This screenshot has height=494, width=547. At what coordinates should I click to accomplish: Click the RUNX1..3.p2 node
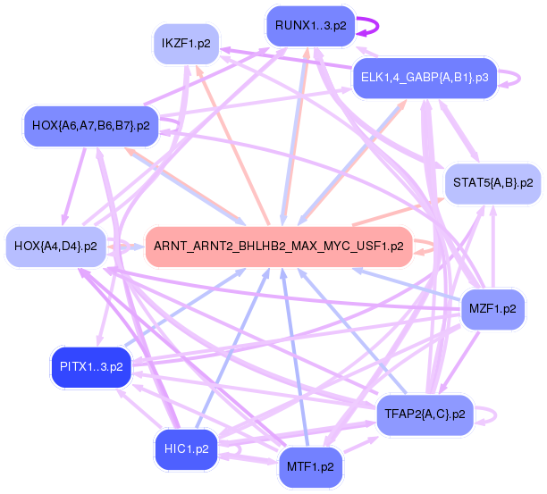tap(311, 26)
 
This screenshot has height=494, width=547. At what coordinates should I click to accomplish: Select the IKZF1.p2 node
tap(185, 43)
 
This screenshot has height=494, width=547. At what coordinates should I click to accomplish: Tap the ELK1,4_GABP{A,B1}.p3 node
tap(425, 78)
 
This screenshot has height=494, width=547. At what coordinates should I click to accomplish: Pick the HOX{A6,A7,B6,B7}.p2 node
tap(90, 125)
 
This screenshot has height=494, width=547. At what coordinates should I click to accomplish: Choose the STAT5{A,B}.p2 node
tap(492, 183)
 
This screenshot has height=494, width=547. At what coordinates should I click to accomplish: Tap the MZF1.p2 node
tap(492, 309)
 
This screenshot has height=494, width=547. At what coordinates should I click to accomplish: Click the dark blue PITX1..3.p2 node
tap(91, 366)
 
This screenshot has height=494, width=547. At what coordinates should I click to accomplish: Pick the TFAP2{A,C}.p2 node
tap(425, 414)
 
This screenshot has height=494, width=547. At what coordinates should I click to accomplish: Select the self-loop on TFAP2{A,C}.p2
tap(487, 414)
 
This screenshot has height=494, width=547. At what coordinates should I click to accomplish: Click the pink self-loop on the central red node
tap(425, 246)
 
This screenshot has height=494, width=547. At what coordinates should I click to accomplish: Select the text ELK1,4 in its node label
tap(378, 78)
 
